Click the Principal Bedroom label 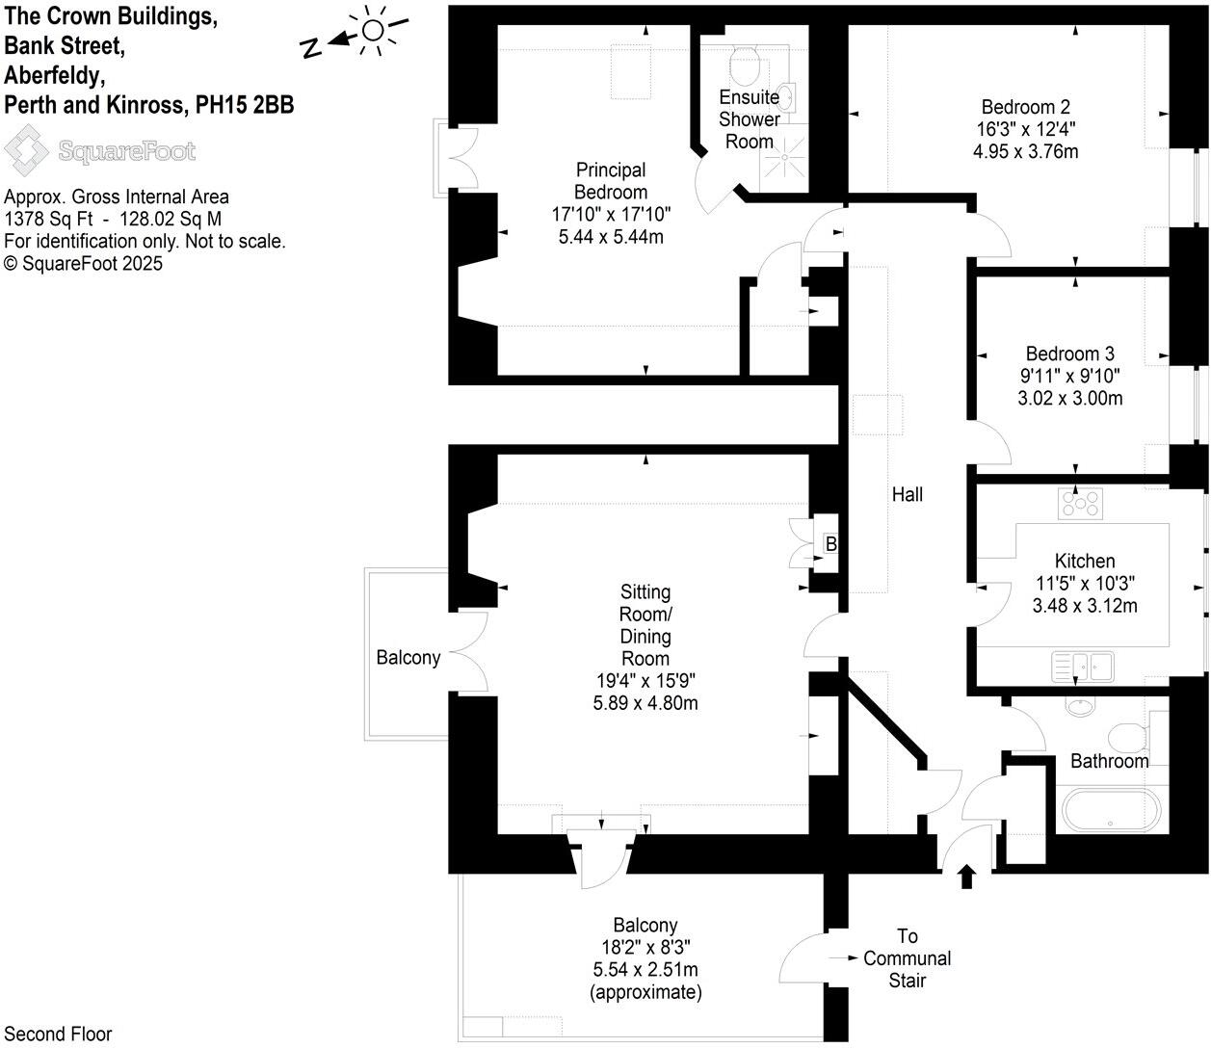610,181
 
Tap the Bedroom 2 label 1025,107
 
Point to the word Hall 907,494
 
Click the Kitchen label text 1084,561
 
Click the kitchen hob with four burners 1079,503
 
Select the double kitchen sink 1082,666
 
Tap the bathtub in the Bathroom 1110,811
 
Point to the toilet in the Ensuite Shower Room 747,66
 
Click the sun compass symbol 372,30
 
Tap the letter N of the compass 311,49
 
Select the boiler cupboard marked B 829,544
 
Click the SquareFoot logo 100,151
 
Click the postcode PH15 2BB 244,105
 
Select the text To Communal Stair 907,958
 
